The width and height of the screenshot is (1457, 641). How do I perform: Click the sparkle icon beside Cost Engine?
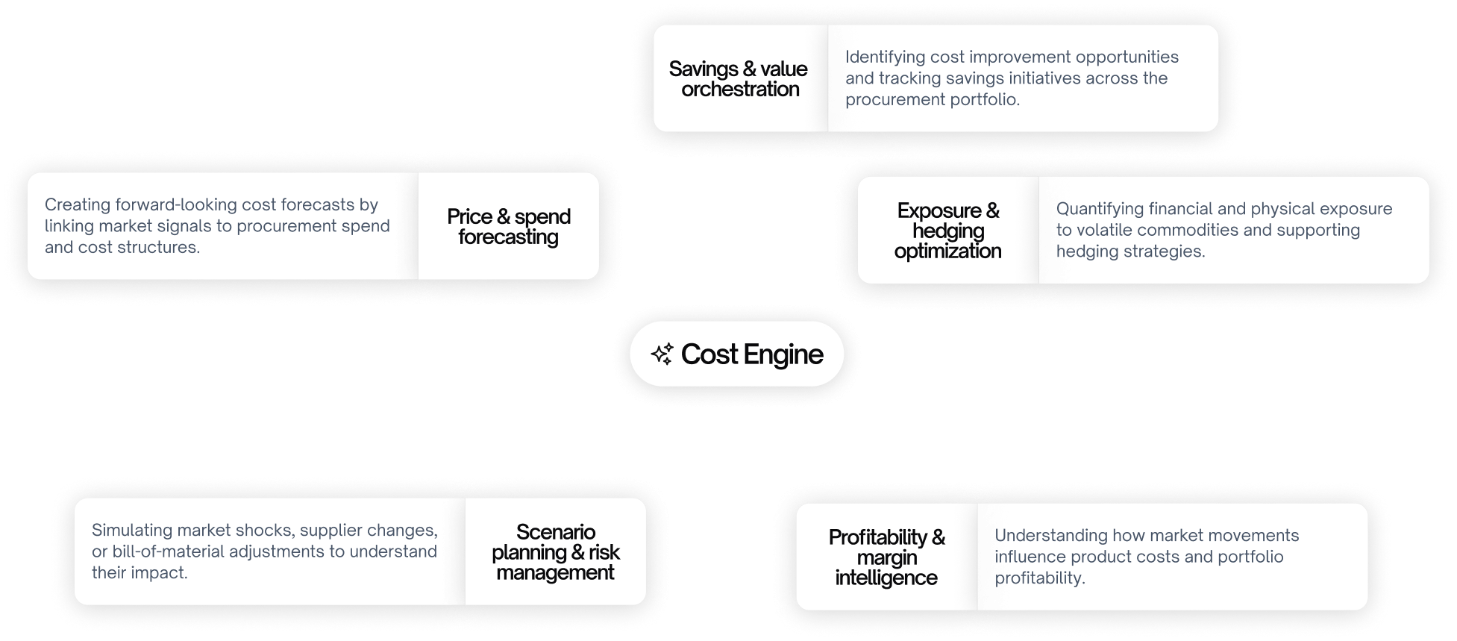pos(662,354)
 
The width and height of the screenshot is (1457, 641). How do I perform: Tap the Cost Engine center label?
pos(751,354)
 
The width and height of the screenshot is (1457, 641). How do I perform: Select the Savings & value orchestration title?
pos(739,79)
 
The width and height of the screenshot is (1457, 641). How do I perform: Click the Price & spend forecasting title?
pos(509,227)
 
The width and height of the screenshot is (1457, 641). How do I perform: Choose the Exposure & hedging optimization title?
pos(947,231)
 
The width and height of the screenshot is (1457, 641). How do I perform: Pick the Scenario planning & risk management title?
pos(556,552)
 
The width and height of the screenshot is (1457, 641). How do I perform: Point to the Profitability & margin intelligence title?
pos(886,557)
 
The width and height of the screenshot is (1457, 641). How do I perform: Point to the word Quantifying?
pos(1100,209)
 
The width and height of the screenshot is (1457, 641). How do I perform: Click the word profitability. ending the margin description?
pos(1039,578)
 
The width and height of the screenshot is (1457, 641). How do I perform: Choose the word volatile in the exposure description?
pos(1106,230)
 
